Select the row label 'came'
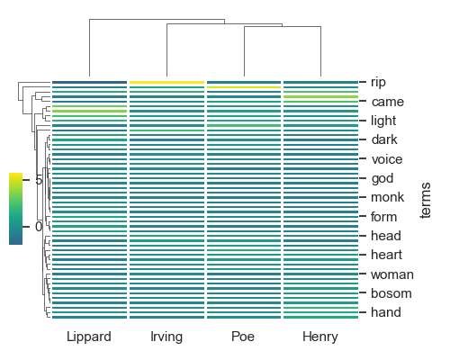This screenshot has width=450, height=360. point(387,102)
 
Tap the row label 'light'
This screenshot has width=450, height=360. point(383,121)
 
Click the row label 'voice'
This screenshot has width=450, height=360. point(387,159)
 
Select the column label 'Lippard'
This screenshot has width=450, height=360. point(89,337)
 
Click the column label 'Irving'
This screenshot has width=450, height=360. point(167,337)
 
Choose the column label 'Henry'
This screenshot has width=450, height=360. point(320,337)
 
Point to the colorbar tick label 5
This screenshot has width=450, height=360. point(38,180)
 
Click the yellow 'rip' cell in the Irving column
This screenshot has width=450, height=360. point(167,82)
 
